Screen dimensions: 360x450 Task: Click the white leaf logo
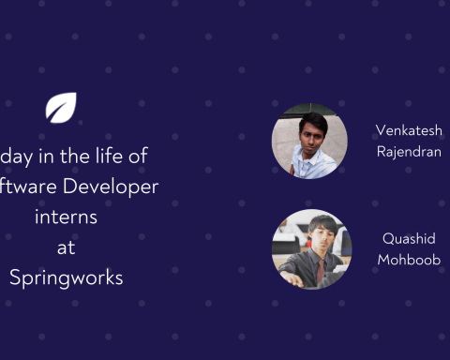coord(61,107)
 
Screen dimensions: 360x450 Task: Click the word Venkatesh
coord(408,130)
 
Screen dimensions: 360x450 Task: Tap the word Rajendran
coord(408,151)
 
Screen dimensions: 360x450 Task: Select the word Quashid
coord(408,239)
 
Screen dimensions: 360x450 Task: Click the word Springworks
coord(66,278)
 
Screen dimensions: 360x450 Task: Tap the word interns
coord(66,217)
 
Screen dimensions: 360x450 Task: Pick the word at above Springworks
coord(66,247)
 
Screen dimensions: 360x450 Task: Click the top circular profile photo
coord(309,141)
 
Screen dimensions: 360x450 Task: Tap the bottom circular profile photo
coord(311,248)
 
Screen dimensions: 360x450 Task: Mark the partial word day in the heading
coord(16,157)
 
